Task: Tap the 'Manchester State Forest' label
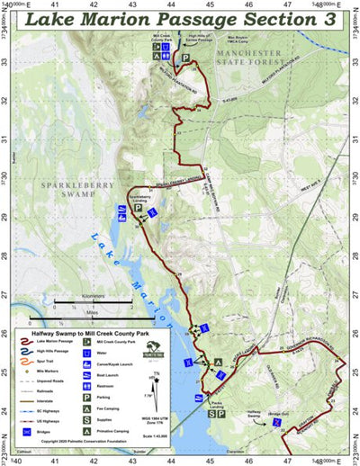point(260,62)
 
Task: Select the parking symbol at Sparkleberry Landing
point(139,208)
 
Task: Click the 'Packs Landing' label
point(214,403)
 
